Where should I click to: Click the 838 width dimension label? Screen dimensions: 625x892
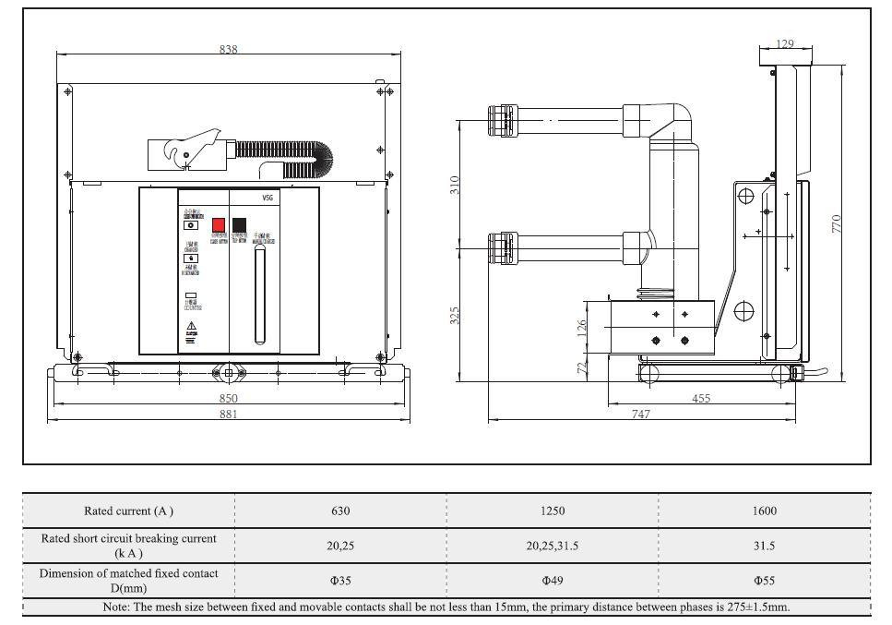click(228, 49)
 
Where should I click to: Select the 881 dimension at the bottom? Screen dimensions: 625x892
click(228, 415)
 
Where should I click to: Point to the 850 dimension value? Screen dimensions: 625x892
click(228, 398)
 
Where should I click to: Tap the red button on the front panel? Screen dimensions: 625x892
click(219, 224)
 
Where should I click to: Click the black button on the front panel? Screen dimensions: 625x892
click(239, 224)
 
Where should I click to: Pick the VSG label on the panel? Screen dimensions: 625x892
click(268, 198)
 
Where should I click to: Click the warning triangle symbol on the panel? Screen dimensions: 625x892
click(192, 327)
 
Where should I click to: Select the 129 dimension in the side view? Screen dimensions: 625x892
click(785, 43)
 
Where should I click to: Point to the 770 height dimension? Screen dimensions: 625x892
click(838, 222)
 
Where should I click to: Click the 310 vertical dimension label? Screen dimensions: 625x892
click(454, 185)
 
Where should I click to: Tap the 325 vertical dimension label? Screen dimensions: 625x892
click(454, 315)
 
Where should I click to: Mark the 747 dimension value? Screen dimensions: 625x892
click(640, 415)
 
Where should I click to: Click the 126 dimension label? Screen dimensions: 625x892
click(582, 328)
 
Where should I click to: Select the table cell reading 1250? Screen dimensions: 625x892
click(553, 511)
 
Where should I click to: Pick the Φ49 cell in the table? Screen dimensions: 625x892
click(553, 581)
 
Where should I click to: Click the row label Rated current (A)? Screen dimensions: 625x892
click(128, 511)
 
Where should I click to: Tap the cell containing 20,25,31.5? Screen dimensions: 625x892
click(553, 546)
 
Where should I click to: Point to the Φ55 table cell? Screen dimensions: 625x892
click(765, 581)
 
